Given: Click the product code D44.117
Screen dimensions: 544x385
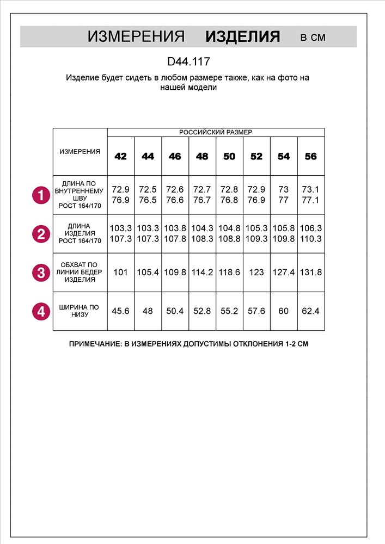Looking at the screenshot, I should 188,62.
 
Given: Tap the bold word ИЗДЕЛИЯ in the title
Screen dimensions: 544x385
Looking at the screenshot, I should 243,37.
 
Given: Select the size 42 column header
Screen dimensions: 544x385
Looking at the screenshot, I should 121,157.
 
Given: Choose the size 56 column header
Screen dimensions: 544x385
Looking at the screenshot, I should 310,157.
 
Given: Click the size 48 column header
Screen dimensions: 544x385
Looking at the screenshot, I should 202,157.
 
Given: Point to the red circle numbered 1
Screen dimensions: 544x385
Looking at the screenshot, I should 40,195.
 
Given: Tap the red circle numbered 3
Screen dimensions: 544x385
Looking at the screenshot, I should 40,273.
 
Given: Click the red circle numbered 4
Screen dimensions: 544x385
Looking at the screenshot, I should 40,311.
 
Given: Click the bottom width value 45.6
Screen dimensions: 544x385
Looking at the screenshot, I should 120,311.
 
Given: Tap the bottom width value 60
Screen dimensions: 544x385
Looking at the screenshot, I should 284,311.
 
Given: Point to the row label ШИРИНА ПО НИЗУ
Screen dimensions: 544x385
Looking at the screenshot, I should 80,311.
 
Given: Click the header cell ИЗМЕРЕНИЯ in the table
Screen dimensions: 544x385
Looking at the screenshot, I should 80,152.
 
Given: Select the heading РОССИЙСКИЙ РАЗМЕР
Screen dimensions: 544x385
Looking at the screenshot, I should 216,132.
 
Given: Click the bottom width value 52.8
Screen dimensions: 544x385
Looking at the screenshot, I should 202,311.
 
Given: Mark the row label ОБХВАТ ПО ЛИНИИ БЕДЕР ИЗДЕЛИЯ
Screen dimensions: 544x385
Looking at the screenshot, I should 80,273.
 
